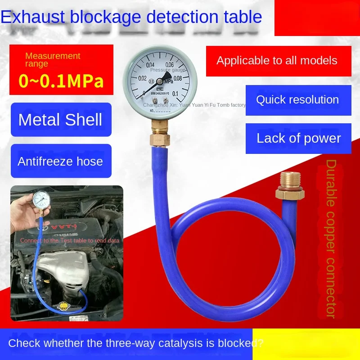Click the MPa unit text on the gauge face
(169, 82)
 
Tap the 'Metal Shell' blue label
(60, 120)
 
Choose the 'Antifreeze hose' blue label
(60, 161)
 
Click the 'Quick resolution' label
(297, 99)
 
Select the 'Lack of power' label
(298, 138)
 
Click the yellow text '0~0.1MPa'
(61, 81)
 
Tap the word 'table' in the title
(239, 17)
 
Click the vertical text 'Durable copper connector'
(331, 238)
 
